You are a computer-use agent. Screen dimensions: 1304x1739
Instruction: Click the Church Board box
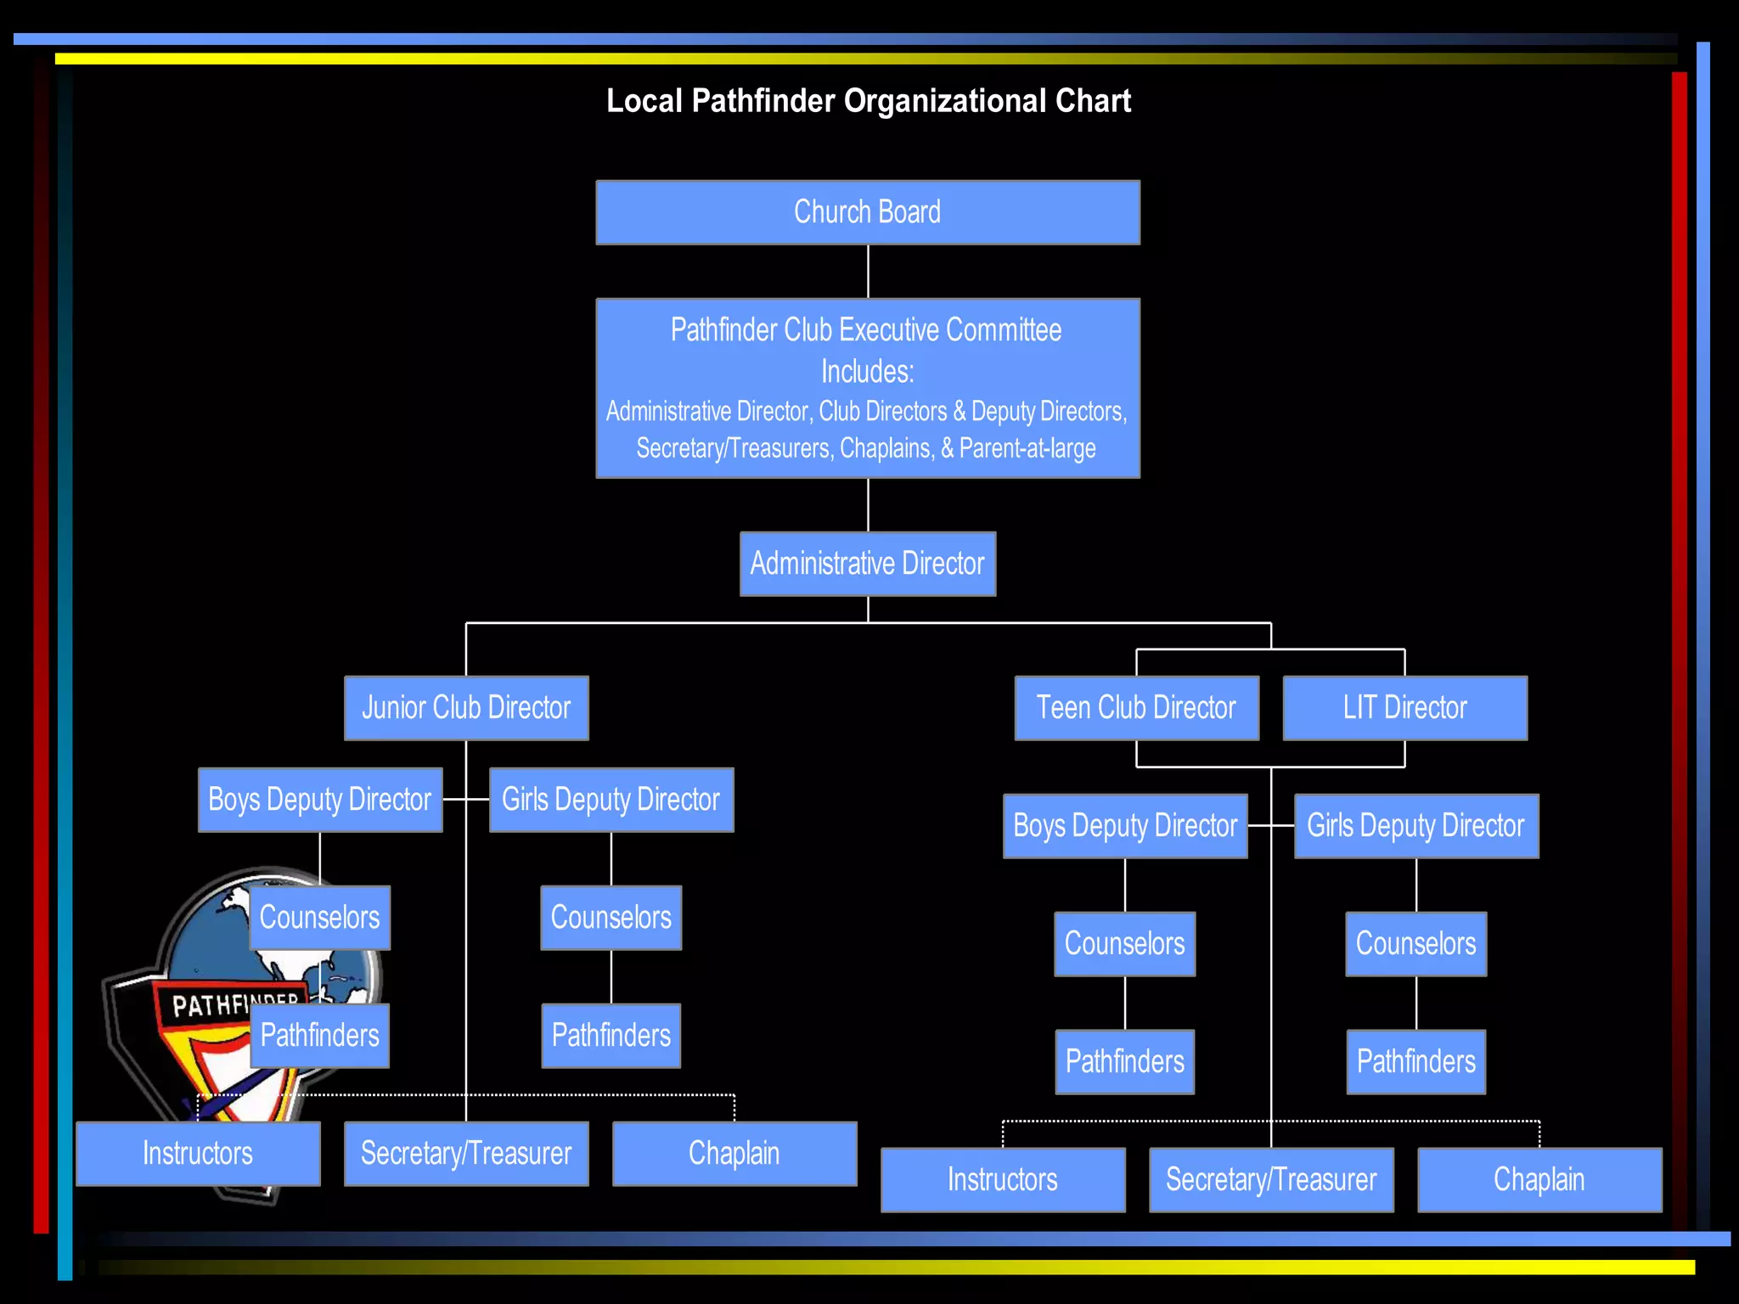point(867,212)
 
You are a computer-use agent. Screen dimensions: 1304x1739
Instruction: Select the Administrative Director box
point(867,564)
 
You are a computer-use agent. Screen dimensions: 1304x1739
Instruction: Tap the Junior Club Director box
point(466,708)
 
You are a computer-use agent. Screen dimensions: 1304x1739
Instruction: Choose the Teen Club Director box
point(1136,708)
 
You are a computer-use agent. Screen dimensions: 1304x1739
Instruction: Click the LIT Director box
point(1404,708)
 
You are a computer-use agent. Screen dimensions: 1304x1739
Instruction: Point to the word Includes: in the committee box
point(867,372)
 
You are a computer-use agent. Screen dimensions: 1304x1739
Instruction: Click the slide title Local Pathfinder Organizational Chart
point(868,101)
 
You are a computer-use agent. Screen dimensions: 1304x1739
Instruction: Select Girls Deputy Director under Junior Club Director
point(611,800)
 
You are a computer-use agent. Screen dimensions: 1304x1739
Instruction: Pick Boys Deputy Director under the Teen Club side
point(1124,826)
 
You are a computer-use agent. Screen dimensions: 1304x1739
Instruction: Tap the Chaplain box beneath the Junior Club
point(734,1154)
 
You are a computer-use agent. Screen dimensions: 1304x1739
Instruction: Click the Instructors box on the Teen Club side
point(1002,1180)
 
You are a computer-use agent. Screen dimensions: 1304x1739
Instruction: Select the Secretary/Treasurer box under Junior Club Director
point(466,1154)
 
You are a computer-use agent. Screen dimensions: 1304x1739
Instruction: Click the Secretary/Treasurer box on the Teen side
point(1270,1180)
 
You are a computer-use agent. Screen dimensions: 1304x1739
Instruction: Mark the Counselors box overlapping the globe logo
point(319,918)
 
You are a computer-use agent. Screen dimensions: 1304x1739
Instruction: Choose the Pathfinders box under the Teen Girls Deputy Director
point(1415,1062)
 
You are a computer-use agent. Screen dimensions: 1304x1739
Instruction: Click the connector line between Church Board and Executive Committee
point(868,272)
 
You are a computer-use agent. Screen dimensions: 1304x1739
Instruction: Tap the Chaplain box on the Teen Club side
point(1539,1180)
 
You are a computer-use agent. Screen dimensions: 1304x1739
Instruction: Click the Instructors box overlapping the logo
point(198,1154)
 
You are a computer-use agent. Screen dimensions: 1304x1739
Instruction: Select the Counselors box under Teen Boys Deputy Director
point(1124,944)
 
